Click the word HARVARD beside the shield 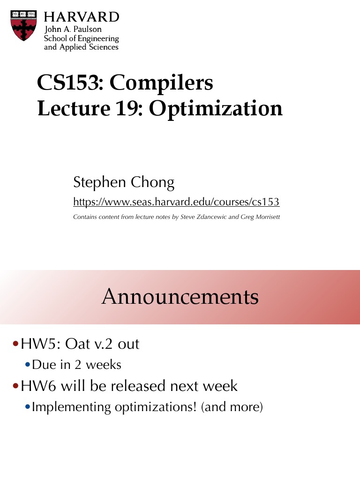pos(82,17)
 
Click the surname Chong pos(151,182)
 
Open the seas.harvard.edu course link pos(176,202)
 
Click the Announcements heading pos(180,297)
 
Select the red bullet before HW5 pos(16,345)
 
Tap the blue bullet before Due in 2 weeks pos(28,365)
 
